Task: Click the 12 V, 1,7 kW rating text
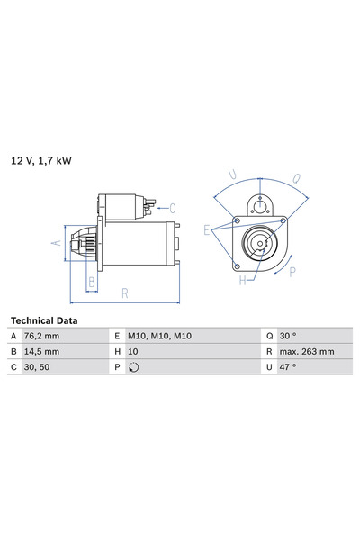pyautogui.click(x=41, y=161)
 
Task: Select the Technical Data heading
pyautogui.click(x=44, y=320)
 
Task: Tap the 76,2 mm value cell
pyautogui.click(x=41, y=336)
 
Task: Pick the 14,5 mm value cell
pyautogui.click(x=41, y=352)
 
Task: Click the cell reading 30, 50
pyautogui.click(x=37, y=367)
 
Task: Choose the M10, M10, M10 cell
pyautogui.click(x=160, y=336)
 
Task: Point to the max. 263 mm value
pyautogui.click(x=307, y=352)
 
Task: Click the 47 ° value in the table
pyautogui.click(x=288, y=367)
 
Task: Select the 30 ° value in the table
pyautogui.click(x=288, y=336)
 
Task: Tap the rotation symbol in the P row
pyautogui.click(x=134, y=367)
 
